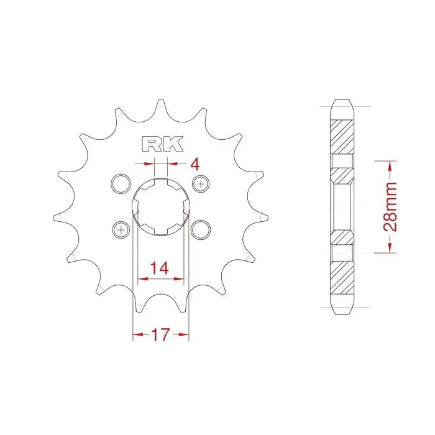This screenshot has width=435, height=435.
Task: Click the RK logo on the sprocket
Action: pyautogui.click(x=163, y=144)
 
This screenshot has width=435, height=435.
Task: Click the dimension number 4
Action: pyautogui.click(x=195, y=164)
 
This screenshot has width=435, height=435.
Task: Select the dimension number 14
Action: pyautogui.click(x=160, y=268)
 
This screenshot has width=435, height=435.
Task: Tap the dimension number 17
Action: pyautogui.click(x=160, y=334)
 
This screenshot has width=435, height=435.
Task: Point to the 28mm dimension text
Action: pyautogui.click(x=390, y=206)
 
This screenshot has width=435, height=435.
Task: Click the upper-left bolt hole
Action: pyautogui.click(x=121, y=184)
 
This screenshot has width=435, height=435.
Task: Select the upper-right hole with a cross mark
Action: pyautogui.click(x=201, y=183)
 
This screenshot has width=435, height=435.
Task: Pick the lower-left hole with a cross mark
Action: pyautogui.click(x=121, y=230)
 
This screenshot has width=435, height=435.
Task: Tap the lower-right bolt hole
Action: pyautogui.click(x=201, y=230)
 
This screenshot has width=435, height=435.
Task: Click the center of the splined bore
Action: pyautogui.click(x=160, y=207)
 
